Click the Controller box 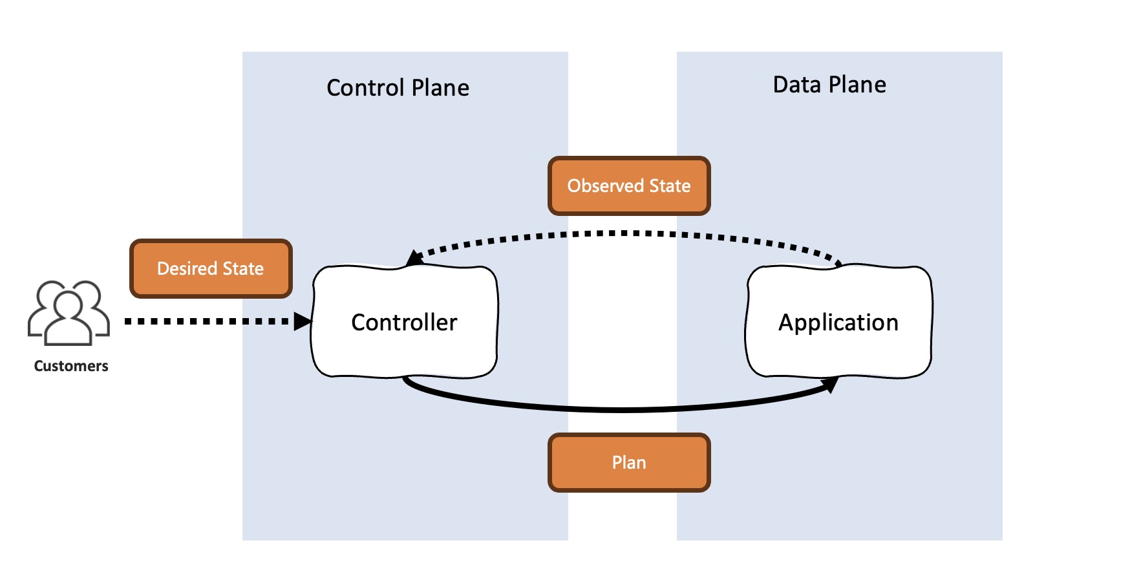click(x=405, y=321)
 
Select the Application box click(x=838, y=321)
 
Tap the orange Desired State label click(x=211, y=268)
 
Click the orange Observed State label click(x=629, y=186)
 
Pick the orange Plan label click(x=629, y=462)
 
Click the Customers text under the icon click(x=71, y=366)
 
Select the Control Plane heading click(x=398, y=87)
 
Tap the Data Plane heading click(x=829, y=85)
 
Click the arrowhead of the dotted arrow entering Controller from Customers click(x=303, y=321)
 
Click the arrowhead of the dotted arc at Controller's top click(x=414, y=258)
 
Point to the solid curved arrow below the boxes click(x=621, y=409)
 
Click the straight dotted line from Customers click(x=207, y=321)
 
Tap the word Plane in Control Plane click(x=440, y=87)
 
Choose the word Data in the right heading click(x=797, y=85)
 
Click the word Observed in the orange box click(x=606, y=186)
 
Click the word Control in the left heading click(x=365, y=87)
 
